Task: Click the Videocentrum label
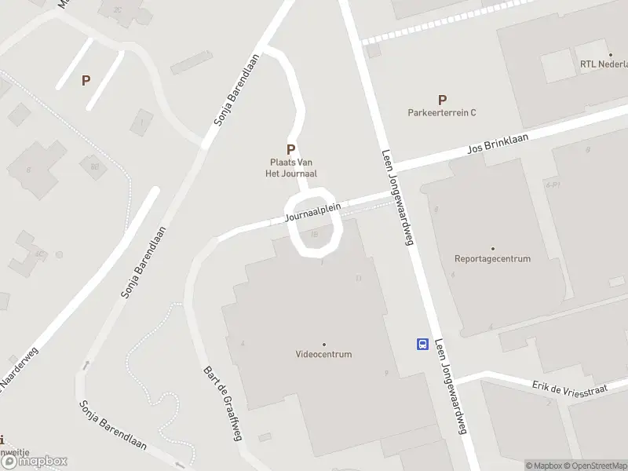(323, 354)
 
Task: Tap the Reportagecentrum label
(492, 258)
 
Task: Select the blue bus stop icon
(422, 344)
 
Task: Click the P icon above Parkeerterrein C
(442, 100)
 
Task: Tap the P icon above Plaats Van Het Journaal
(290, 148)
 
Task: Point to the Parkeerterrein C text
(442, 112)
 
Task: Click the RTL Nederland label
(603, 64)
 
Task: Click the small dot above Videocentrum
(323, 344)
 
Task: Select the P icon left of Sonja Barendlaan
(86, 80)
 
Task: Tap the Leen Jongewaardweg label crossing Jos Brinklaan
(397, 197)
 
